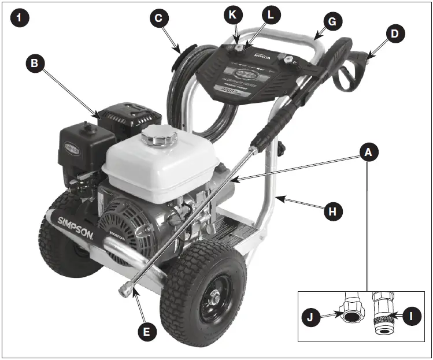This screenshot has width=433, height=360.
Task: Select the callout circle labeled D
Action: (x=394, y=34)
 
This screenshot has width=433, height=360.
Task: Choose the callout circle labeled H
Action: (x=332, y=211)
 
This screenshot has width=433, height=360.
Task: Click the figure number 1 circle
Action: (x=20, y=18)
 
